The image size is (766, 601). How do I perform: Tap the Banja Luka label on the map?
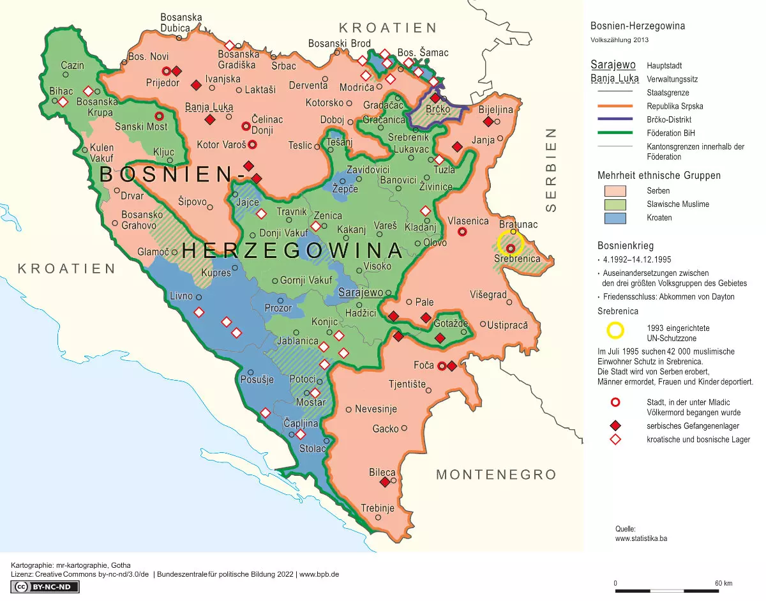(209, 107)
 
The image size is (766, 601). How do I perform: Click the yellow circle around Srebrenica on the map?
(511, 243)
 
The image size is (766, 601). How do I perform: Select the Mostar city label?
(311, 402)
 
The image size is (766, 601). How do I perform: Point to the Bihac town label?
(61, 91)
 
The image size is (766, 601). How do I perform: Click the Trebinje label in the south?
(377, 508)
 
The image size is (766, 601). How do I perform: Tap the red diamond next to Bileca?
(385, 482)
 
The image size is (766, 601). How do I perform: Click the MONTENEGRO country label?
(496, 475)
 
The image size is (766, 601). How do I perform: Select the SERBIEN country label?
(552, 170)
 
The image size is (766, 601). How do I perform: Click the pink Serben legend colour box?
(615, 191)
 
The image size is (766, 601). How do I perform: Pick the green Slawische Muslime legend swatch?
(615, 204)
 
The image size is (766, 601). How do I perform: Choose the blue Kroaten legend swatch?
(615, 218)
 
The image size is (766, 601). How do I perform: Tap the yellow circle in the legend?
(615, 330)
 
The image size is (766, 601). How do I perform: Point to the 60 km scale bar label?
(723, 583)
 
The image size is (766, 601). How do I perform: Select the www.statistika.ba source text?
(641, 538)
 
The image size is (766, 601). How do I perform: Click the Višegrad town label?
(488, 295)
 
